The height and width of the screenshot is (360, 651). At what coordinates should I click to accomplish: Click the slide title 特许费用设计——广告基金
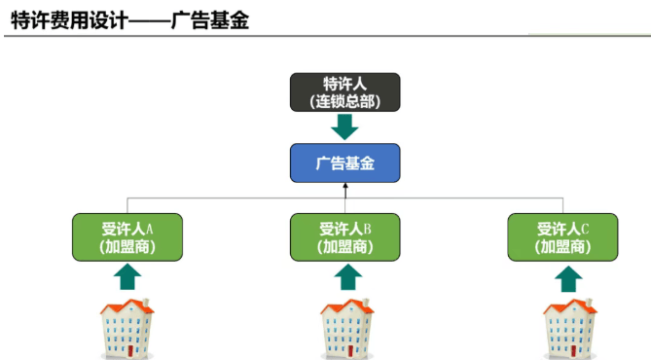(x=127, y=20)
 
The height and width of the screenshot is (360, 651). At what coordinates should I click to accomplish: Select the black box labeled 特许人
(x=344, y=91)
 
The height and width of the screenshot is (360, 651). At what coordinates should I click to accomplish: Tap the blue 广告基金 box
(x=344, y=163)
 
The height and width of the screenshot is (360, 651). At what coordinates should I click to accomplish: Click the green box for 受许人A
(x=127, y=237)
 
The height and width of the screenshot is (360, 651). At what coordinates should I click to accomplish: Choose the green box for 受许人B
(x=344, y=237)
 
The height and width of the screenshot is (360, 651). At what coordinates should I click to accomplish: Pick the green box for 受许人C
(x=563, y=237)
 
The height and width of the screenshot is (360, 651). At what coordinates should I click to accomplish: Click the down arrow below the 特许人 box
(x=344, y=126)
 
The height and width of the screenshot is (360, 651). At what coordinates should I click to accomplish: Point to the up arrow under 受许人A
(x=127, y=278)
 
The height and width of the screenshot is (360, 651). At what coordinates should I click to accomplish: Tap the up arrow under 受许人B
(x=345, y=278)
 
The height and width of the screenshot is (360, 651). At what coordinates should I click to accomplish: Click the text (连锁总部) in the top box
(x=344, y=100)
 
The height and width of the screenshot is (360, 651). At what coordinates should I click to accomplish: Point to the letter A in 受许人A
(x=150, y=229)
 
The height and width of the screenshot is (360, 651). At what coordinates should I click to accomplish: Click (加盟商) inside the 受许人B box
(x=344, y=247)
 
